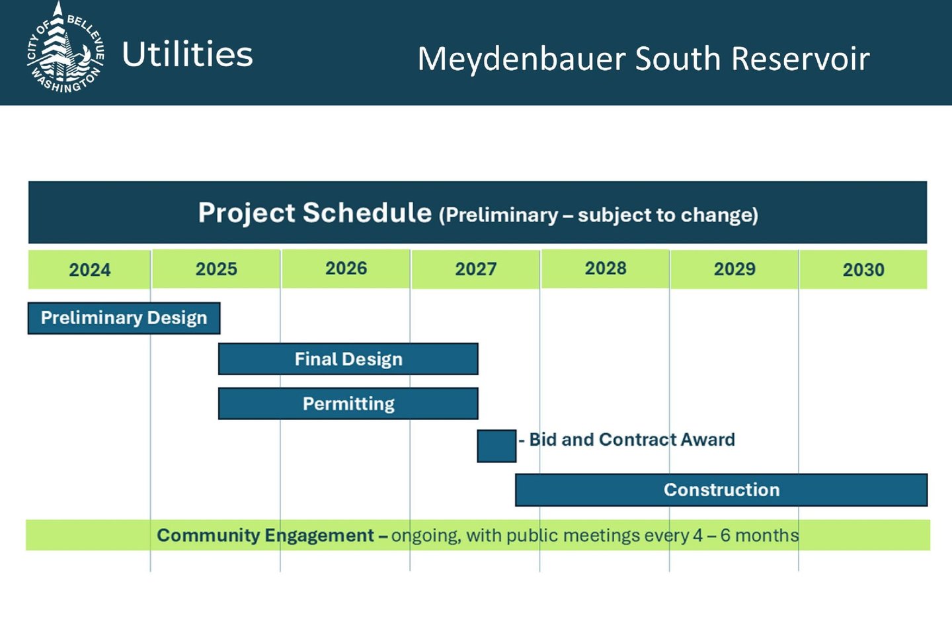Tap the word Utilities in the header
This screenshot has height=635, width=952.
coord(188,54)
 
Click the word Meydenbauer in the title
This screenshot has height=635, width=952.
coord(522,58)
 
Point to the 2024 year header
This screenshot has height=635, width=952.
coord(89,270)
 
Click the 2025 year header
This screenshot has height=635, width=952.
coord(216,269)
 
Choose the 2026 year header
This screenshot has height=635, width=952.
coord(346,269)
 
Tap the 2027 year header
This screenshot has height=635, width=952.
coord(475,269)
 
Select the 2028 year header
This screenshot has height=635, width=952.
coord(605,269)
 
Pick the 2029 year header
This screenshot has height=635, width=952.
coord(734,269)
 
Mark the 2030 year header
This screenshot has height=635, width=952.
coord(863,270)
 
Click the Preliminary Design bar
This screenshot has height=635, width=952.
coord(124,318)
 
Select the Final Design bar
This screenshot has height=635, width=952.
coord(348,359)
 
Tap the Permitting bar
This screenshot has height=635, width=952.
coord(348,403)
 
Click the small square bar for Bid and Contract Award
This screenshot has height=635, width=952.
coord(496,446)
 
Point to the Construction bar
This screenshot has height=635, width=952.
coord(721,490)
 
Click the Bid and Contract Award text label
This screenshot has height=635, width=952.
coord(627,439)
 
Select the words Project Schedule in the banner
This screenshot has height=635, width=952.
coord(315,213)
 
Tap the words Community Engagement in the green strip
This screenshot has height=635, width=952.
coord(266,536)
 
